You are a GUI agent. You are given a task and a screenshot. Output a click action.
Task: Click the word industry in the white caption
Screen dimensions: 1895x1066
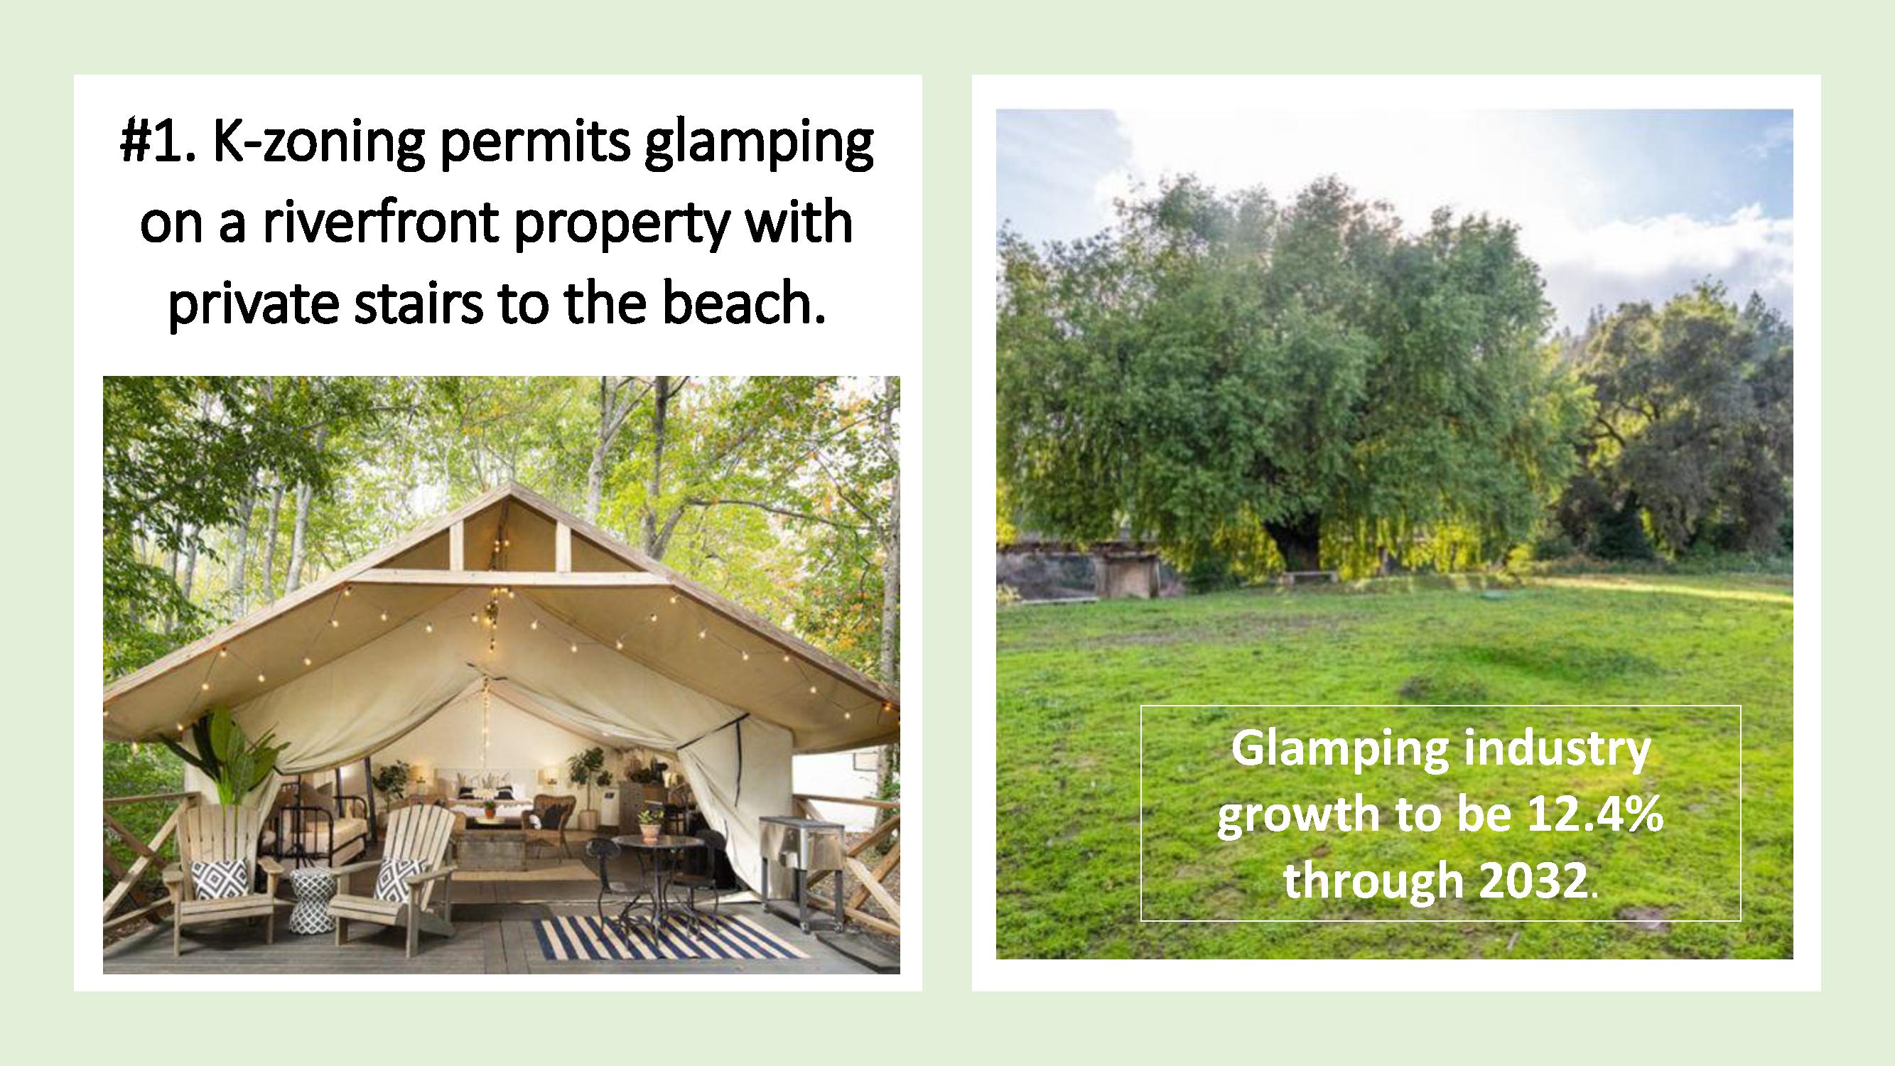coord(1548,750)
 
